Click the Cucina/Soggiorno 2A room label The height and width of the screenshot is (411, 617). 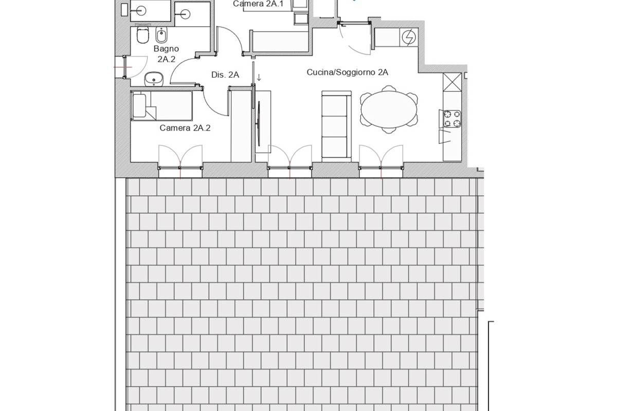click(x=348, y=72)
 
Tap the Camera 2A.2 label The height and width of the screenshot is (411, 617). click(x=185, y=128)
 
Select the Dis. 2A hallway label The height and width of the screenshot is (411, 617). click(x=225, y=74)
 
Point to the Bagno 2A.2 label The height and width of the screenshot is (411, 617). click(x=166, y=53)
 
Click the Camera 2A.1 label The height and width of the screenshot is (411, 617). click(x=258, y=4)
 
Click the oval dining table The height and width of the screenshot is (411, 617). click(x=389, y=109)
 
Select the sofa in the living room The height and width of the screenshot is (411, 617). click(x=336, y=126)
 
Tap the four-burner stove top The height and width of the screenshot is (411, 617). click(x=452, y=119)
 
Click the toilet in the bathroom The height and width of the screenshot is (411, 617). click(x=143, y=35)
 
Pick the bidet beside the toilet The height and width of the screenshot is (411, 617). click(x=161, y=35)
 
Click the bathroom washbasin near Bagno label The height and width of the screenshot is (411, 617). click(x=154, y=79)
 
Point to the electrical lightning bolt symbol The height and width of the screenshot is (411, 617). click(x=409, y=37)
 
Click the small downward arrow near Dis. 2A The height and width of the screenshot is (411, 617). click(x=259, y=78)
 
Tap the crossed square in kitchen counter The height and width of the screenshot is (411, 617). click(x=452, y=82)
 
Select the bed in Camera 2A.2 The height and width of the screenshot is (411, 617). click(x=161, y=106)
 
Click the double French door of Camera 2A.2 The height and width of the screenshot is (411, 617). click(x=180, y=157)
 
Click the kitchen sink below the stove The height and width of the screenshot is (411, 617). click(x=444, y=137)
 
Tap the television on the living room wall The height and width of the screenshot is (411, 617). click(x=259, y=123)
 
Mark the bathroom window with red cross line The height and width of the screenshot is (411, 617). click(x=124, y=67)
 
